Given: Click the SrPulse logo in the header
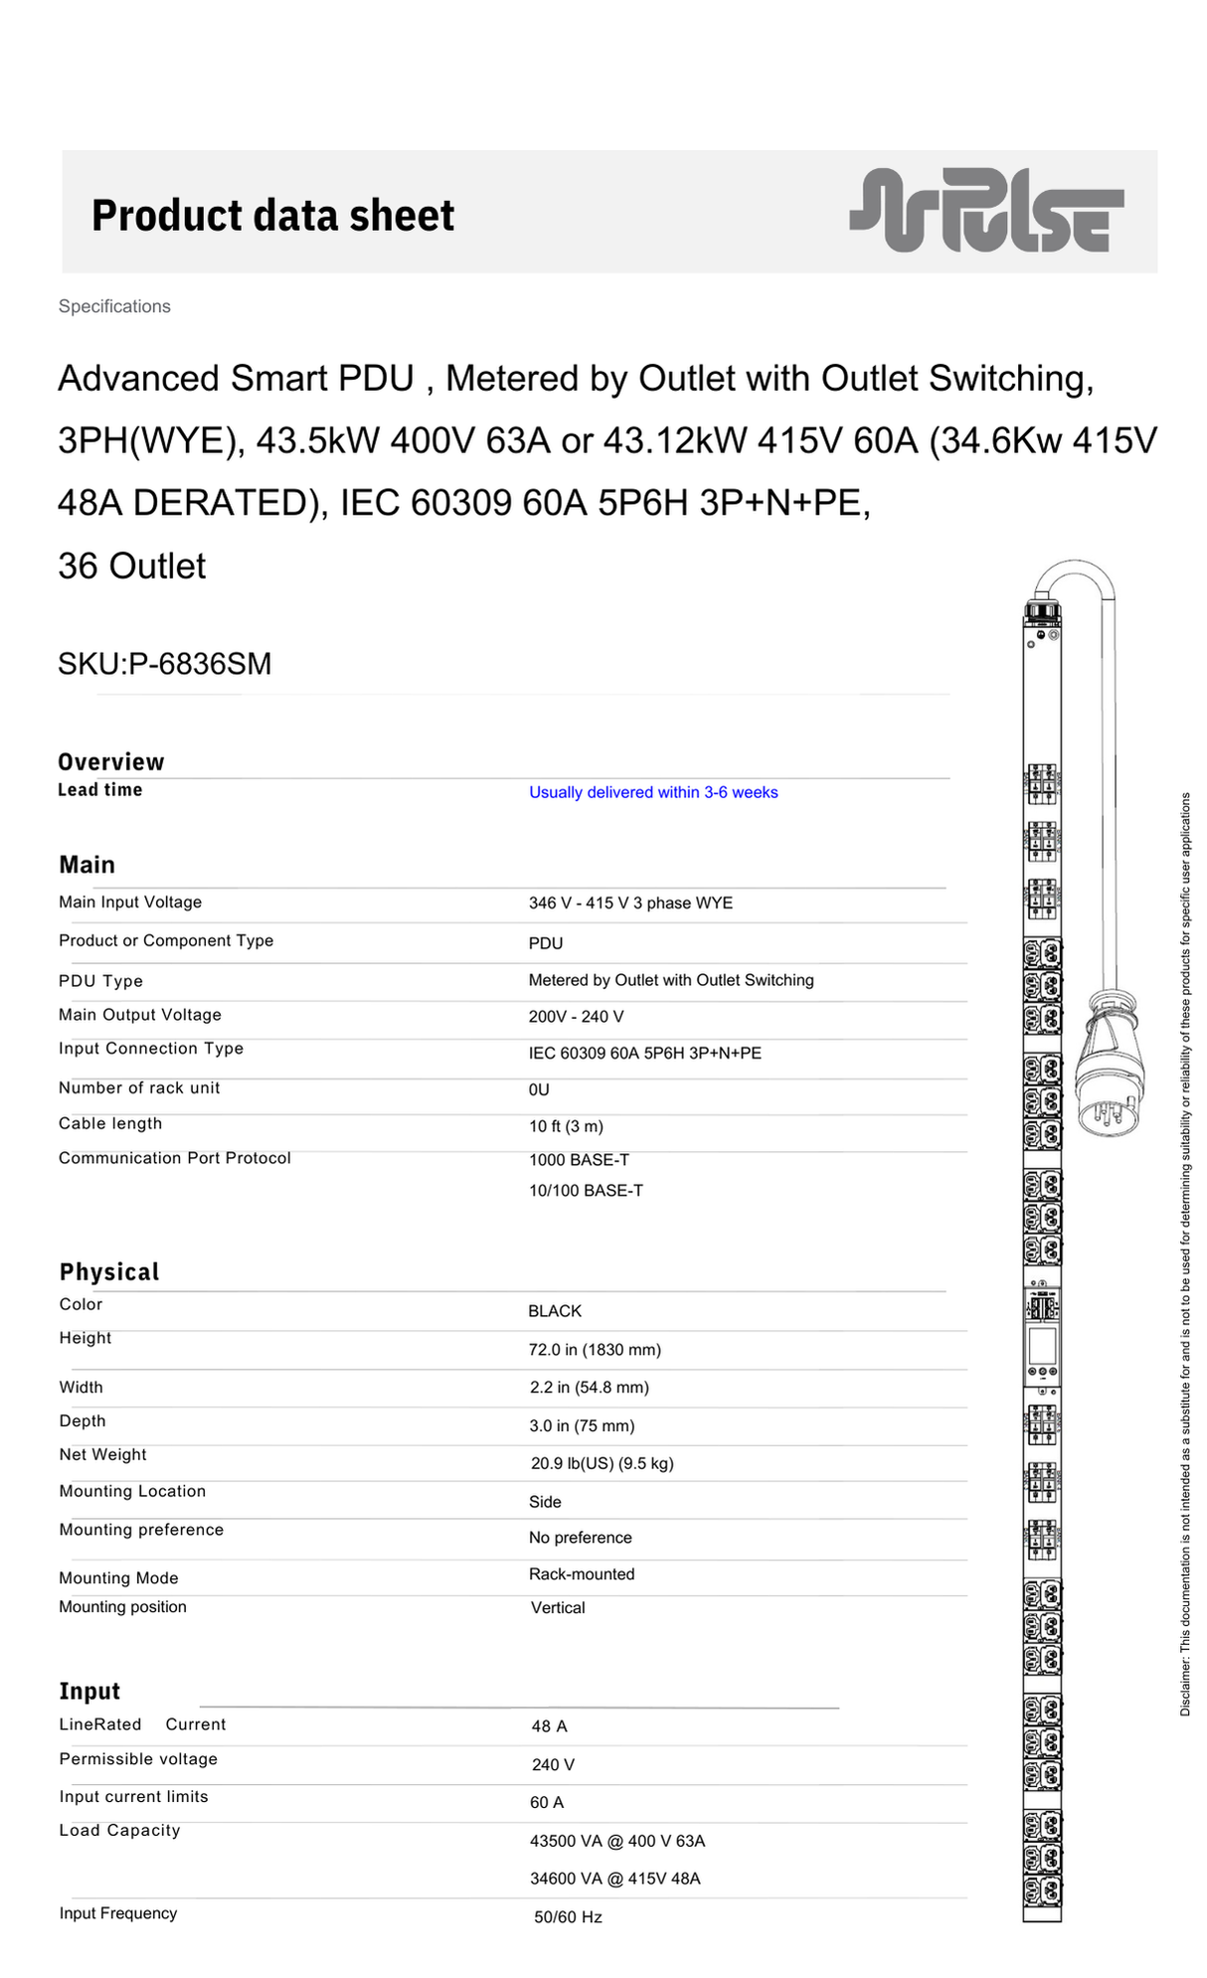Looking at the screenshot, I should [x=986, y=210].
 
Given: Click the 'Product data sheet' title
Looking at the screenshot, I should [x=272, y=216].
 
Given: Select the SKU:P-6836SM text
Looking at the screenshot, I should [x=164, y=663].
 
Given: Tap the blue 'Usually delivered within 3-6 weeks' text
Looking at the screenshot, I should [x=653, y=792].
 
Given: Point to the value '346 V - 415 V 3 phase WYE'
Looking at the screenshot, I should [x=630, y=903].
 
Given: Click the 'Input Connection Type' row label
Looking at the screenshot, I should [x=151, y=1049].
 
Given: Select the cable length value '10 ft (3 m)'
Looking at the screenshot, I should [x=566, y=1126].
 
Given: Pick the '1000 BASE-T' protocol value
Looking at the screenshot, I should [x=579, y=1160].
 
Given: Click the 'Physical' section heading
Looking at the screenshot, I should [x=109, y=1272].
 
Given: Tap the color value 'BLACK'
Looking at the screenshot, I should [x=555, y=1311].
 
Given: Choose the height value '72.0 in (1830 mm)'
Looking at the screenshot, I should [x=595, y=1350].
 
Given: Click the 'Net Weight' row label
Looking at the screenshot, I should [x=102, y=1455].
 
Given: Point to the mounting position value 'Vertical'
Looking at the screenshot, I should [x=558, y=1608].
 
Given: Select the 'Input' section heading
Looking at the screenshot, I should [x=89, y=1692].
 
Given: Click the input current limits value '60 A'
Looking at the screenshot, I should [x=547, y=1803].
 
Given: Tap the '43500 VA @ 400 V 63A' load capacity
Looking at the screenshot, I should [x=617, y=1841].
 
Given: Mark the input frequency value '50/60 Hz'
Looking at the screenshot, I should [x=568, y=1917].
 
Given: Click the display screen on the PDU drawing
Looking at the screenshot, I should [x=1042, y=1345].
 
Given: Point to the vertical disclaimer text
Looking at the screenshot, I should [x=1185, y=1252].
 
